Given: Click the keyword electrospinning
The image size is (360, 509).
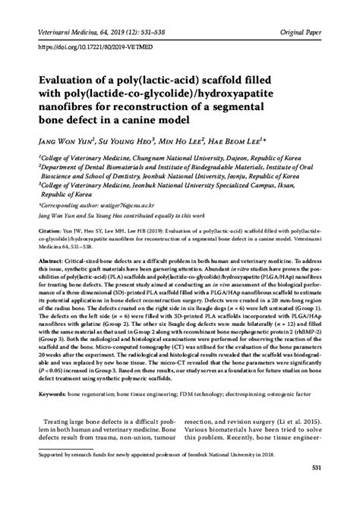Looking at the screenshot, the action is [252, 394].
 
